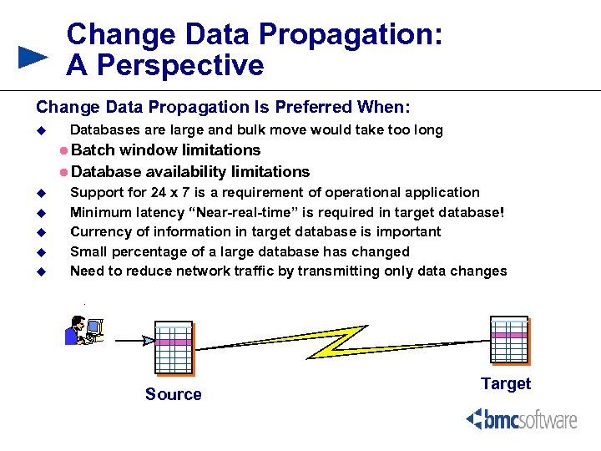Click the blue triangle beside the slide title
(33, 58)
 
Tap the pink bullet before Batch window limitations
(64, 150)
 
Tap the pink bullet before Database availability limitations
(64, 172)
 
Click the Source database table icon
(174, 347)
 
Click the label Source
(173, 394)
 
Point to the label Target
(506, 383)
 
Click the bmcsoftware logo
(521, 419)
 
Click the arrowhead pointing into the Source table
(149, 340)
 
